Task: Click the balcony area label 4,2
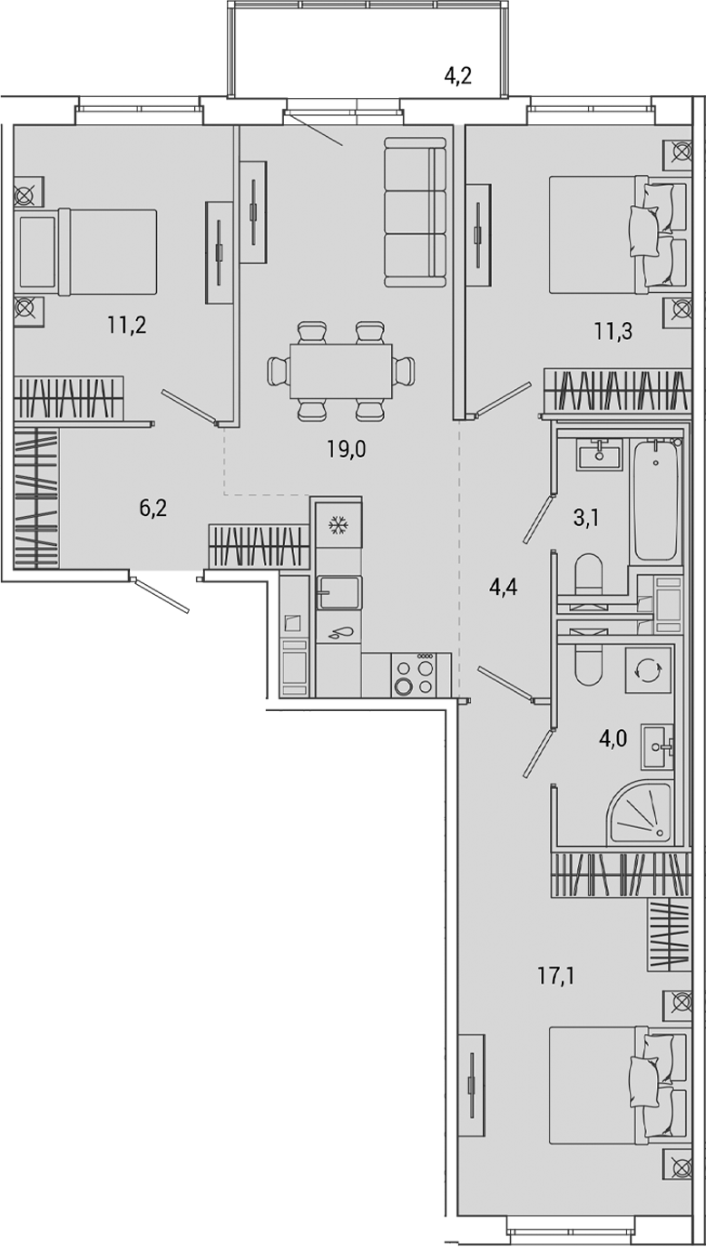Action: coord(457,77)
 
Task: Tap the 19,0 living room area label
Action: coord(346,448)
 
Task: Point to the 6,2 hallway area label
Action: coord(153,508)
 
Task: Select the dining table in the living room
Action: coord(341,371)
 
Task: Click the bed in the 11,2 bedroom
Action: coord(88,252)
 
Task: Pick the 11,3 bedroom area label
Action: coord(613,331)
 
